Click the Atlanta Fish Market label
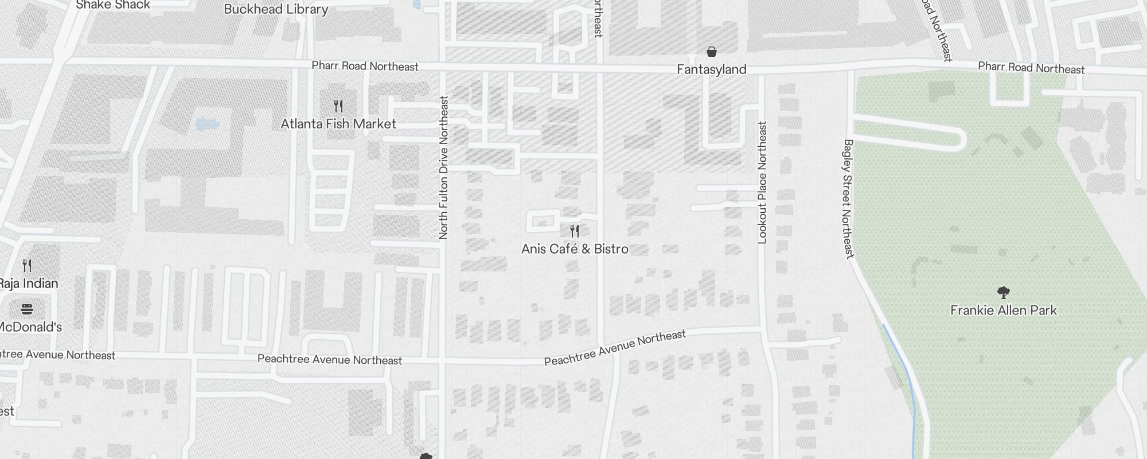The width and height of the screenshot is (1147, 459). pos(338,124)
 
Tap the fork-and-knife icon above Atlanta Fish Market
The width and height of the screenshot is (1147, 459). pos(338,106)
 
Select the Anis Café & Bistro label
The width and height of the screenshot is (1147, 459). pos(575,249)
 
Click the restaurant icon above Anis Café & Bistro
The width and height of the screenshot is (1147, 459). pos(575,231)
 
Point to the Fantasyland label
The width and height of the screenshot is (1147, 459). pos(711,69)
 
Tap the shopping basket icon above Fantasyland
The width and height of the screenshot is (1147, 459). pos(712,52)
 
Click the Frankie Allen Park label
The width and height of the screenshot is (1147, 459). pos(1003,310)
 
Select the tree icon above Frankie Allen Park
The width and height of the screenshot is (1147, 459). pos(1003,293)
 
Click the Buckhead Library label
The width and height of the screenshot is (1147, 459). pos(276,9)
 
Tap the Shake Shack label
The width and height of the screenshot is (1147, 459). pos(113,5)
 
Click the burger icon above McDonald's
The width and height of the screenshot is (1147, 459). pos(26,310)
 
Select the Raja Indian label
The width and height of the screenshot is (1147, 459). pos(28,283)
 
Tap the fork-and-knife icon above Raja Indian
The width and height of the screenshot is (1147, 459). pos(27,265)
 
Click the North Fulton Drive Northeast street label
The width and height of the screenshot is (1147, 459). pos(443,168)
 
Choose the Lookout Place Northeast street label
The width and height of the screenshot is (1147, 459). pos(762,182)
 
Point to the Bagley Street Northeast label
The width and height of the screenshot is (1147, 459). pos(848,199)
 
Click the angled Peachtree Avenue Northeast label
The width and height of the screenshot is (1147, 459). pos(615,348)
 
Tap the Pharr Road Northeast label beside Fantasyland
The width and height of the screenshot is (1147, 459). pos(1031,68)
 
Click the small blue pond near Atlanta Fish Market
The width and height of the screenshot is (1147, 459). pos(206,123)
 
